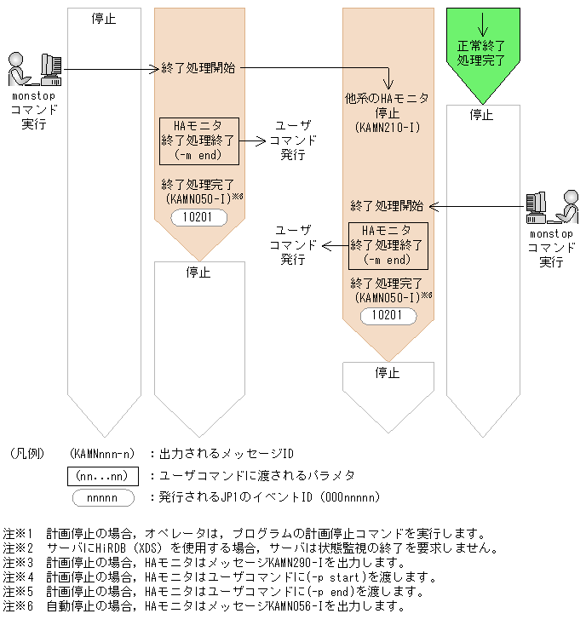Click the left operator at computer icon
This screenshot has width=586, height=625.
[35, 70]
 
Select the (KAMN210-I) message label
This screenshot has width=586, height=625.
[388, 126]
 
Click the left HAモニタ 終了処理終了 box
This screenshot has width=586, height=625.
[199, 140]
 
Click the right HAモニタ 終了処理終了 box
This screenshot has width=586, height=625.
[388, 245]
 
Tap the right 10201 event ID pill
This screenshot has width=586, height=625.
[388, 316]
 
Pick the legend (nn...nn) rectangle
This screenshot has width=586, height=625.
[102, 474]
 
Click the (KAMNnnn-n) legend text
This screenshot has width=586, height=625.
[102, 453]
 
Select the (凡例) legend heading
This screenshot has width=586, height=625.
[30, 453]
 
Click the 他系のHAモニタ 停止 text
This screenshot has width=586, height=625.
[388, 106]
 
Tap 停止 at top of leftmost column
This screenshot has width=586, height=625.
[103, 19]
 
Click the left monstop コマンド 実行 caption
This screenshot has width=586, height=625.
[33, 111]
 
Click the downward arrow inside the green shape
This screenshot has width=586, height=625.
[483, 23]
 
